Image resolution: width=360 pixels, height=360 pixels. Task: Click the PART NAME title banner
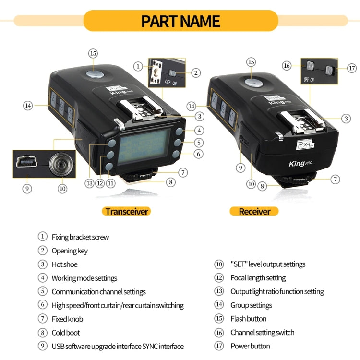tap(180, 21)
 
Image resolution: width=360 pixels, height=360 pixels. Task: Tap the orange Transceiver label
tap(127, 211)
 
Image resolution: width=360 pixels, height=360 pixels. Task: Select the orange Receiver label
tap(254, 211)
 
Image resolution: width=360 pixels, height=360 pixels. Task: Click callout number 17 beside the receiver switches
tap(352, 68)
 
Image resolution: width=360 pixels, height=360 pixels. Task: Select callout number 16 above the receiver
tap(287, 65)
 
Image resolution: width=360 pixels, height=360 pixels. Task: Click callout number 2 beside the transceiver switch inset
tap(195, 72)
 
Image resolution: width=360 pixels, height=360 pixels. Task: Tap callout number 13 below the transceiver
tap(89, 183)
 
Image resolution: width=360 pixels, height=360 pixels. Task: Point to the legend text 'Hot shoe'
tap(64, 264)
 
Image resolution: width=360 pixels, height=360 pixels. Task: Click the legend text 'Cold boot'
tap(66, 333)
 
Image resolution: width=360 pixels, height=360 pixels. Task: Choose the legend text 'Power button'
tap(250, 346)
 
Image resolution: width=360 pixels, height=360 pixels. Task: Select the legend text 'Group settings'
tap(251, 305)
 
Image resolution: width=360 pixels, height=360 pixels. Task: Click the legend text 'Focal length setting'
tap(258, 278)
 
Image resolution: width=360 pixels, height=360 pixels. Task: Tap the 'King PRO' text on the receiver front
tap(300, 164)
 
